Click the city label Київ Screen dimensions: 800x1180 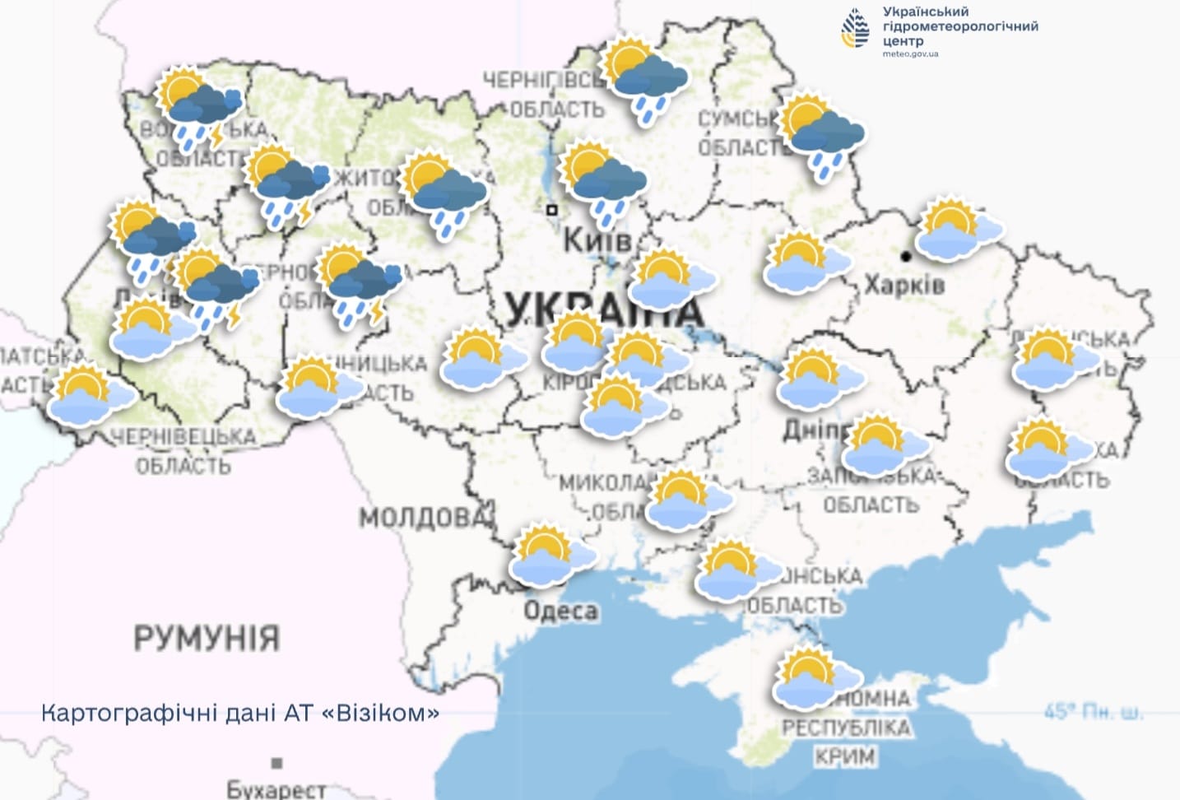pos(597,240)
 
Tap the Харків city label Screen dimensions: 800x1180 pos(904,285)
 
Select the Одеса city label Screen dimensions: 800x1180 pos(560,611)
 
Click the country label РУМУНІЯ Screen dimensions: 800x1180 pos(207,638)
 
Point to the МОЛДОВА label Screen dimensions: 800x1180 pos(424,518)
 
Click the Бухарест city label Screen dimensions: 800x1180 pos(276,789)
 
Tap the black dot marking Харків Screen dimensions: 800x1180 pos(906,257)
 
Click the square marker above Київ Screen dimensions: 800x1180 pos(552,210)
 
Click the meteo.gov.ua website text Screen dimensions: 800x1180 pos(910,54)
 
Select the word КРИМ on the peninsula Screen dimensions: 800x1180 pos(845,756)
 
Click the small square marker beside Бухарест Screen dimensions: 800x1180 pos(277,763)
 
